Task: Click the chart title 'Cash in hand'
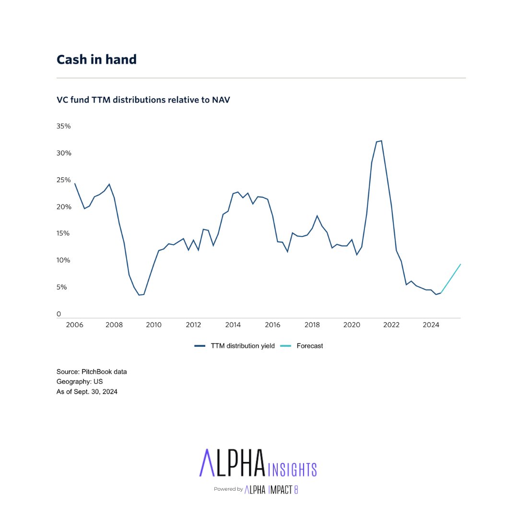96,59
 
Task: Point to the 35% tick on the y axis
64,126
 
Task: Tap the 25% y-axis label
64,180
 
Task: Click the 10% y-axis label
64,260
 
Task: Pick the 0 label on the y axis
59,314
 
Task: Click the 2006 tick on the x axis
74,325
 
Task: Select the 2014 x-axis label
233,325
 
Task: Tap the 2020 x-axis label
352,325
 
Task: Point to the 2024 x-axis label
431,325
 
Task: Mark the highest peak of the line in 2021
381,141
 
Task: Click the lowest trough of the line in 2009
139,295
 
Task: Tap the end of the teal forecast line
460,264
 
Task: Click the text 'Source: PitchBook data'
92,372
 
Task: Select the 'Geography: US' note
80,382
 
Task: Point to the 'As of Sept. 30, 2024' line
87,392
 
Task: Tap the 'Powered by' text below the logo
228,489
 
